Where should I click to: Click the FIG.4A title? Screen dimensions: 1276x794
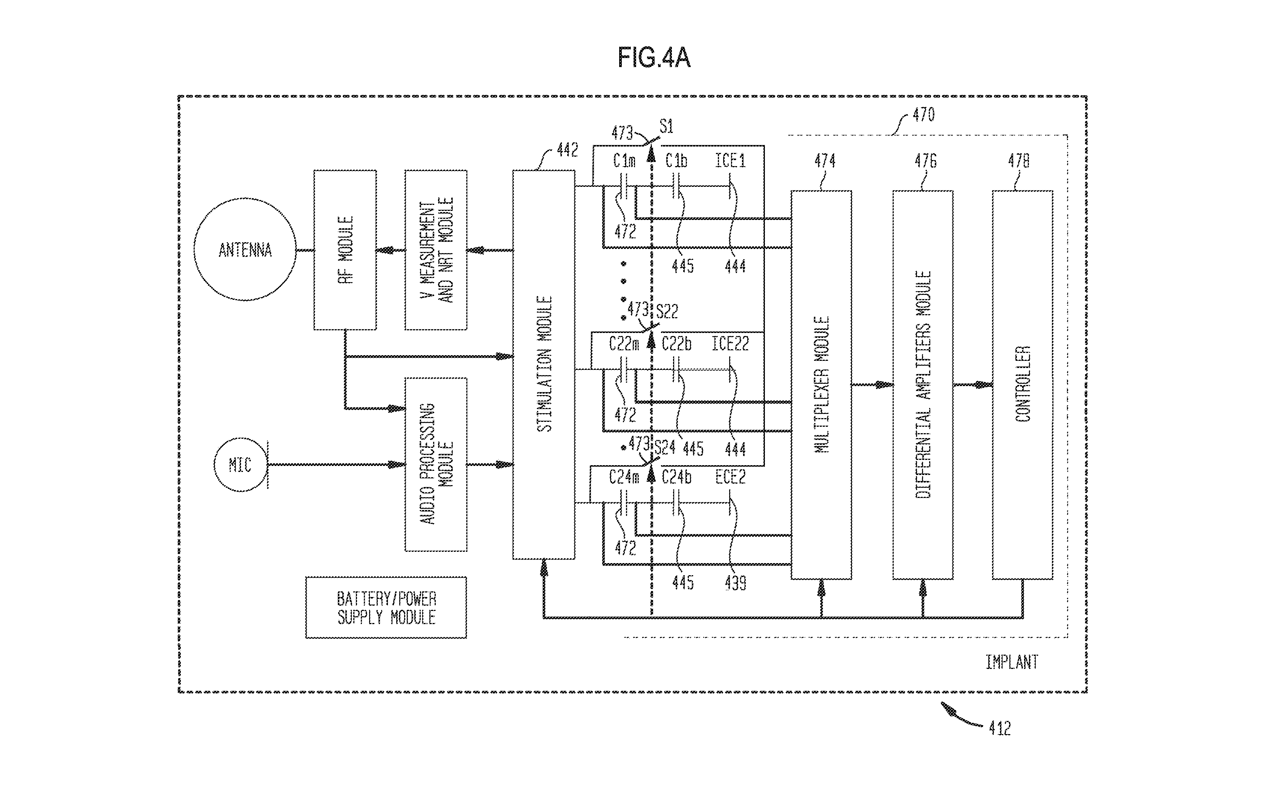(654, 58)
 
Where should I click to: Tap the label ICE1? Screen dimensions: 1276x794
(730, 161)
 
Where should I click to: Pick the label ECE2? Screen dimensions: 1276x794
(730, 477)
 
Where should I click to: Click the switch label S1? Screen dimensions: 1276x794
(666, 127)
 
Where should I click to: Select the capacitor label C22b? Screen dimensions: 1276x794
(676, 344)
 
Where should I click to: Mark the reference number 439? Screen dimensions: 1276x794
(736, 583)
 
